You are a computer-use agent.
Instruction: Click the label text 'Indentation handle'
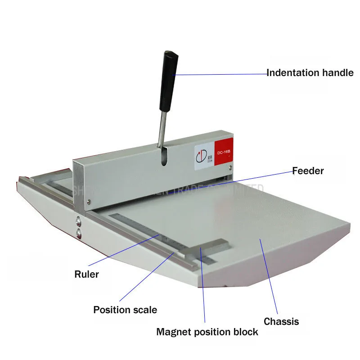(310, 72)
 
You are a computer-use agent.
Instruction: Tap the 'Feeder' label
(308, 171)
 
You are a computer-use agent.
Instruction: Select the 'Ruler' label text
(87, 274)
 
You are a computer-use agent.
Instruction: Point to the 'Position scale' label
(125, 310)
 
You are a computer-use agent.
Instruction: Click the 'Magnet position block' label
(207, 332)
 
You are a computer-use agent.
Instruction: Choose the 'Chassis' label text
(281, 321)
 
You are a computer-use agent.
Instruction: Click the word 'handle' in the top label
(338, 72)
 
